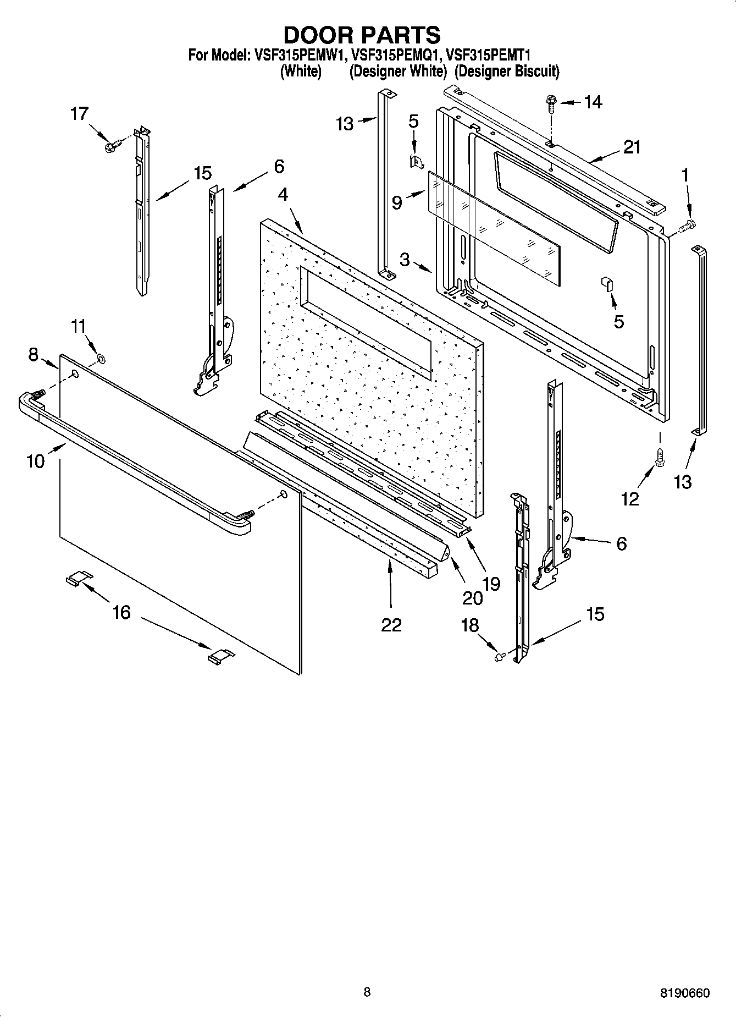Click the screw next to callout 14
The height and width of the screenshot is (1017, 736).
coord(550,103)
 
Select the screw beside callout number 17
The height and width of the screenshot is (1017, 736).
coord(112,147)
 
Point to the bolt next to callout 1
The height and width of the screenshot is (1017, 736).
coord(687,224)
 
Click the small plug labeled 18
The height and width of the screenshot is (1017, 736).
coord(500,656)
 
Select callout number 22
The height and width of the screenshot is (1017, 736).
coord(391,624)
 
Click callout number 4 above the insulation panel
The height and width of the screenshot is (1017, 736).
coord(283,195)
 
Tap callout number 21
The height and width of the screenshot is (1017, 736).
coord(632,147)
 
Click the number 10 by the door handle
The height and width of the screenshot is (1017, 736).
coord(35,461)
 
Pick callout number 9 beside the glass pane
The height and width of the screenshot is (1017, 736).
coord(397,203)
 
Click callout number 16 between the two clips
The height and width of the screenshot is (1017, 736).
coord(121,612)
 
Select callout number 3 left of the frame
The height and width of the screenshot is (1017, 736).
coord(405,259)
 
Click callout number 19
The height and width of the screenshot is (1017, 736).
coord(491,584)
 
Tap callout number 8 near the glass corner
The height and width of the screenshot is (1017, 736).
coord(33,355)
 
